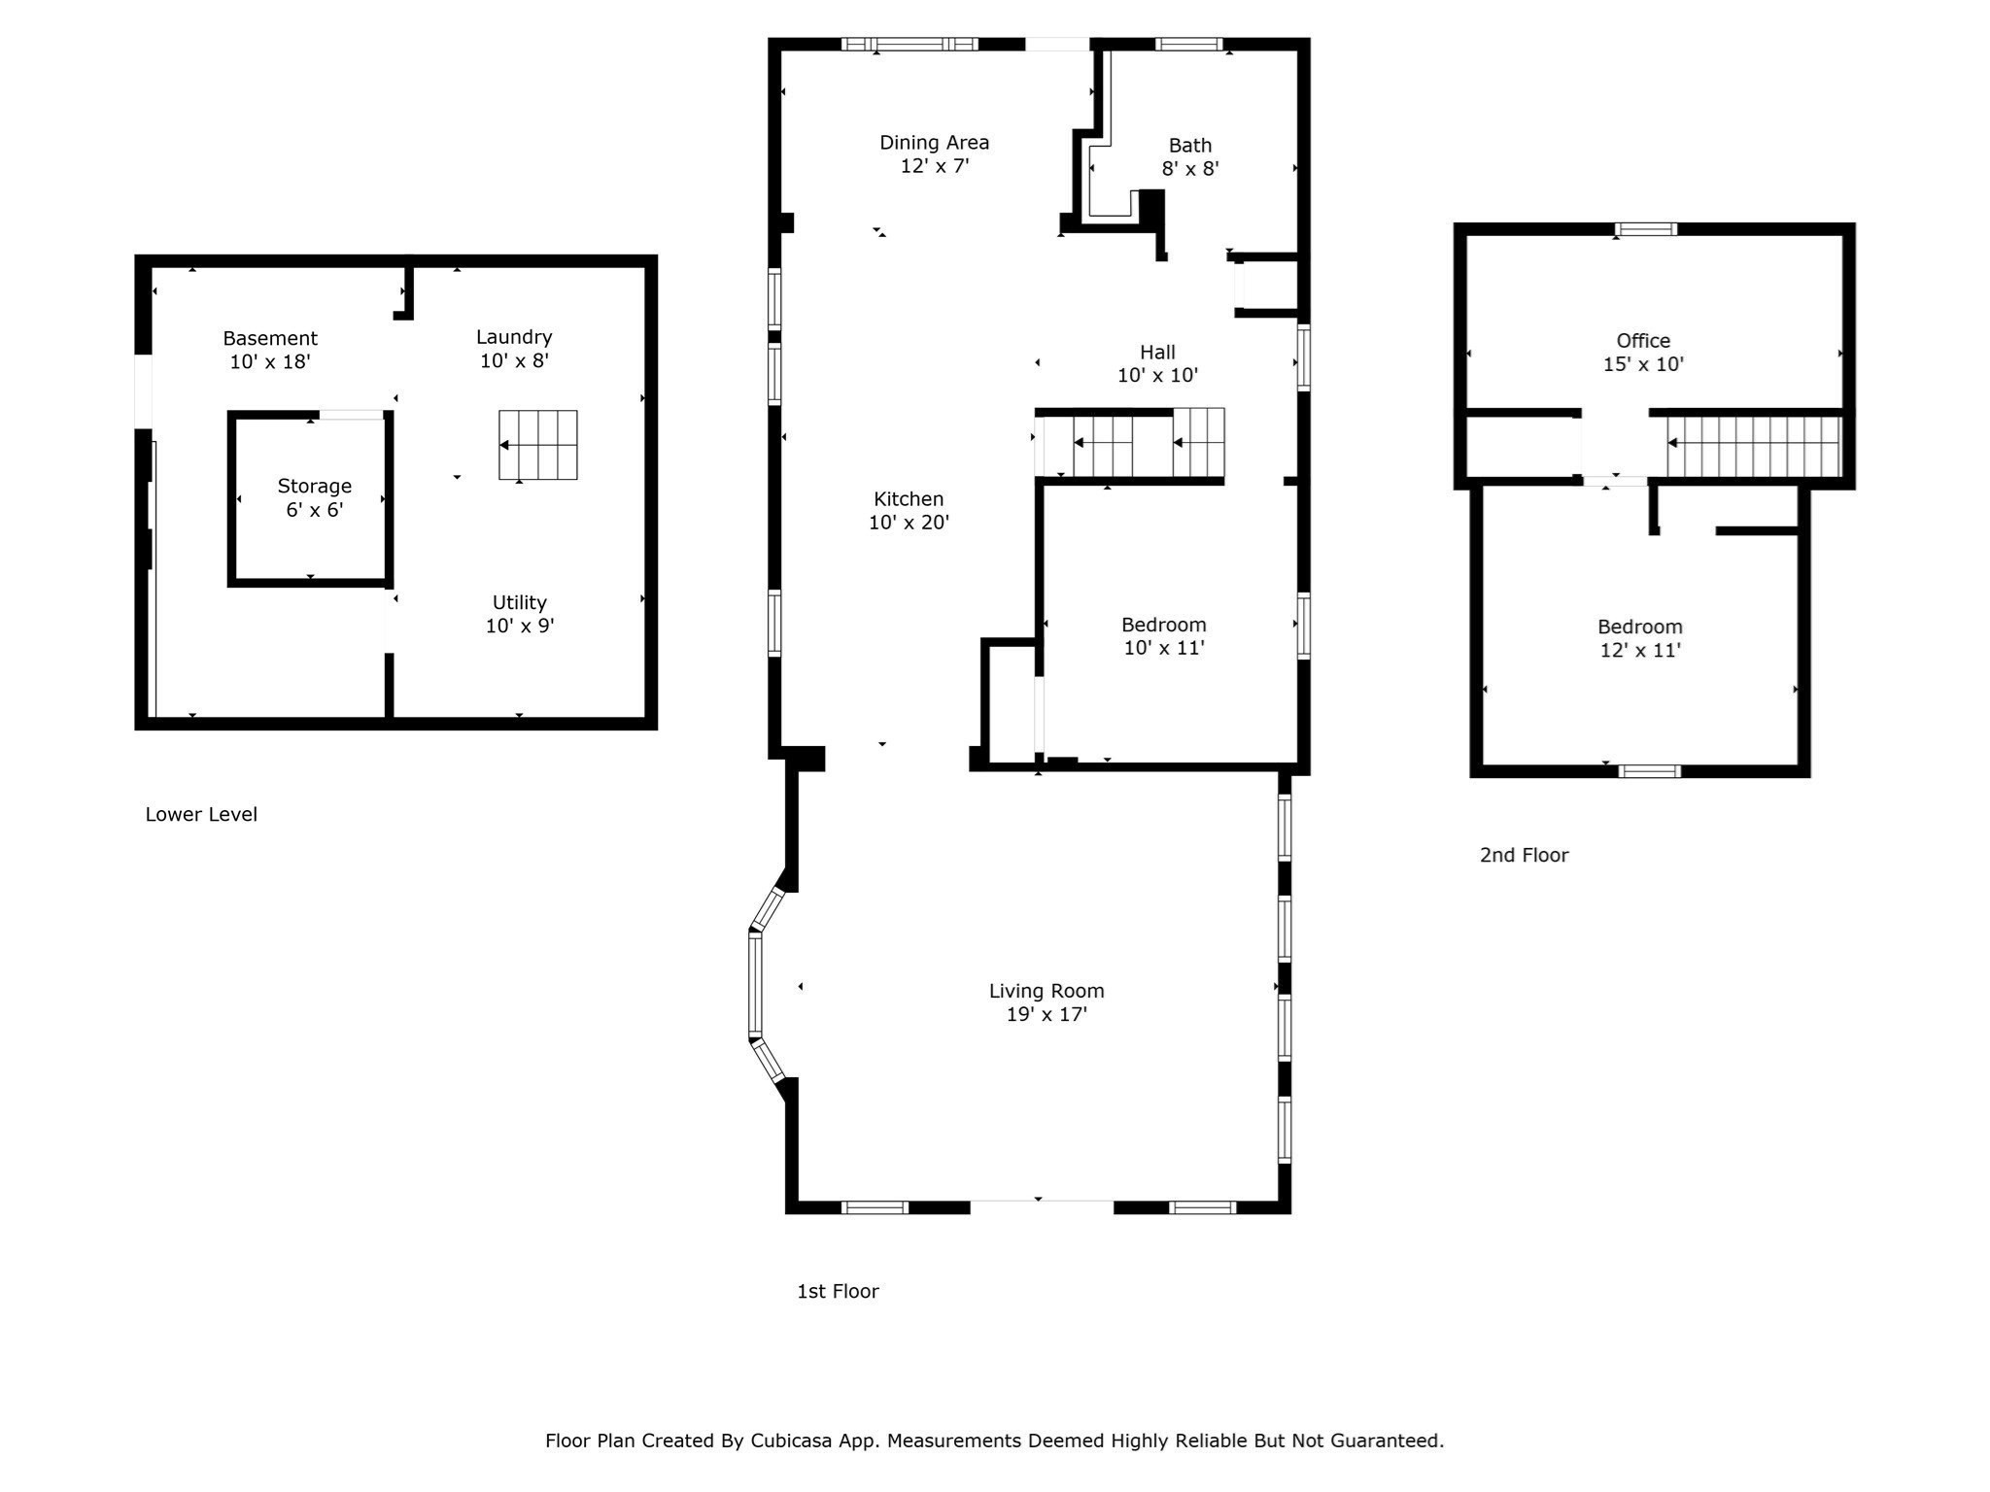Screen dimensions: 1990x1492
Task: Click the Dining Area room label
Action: pos(934,143)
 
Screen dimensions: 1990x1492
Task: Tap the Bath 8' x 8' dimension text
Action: pos(1190,168)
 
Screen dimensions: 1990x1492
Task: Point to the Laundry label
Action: pos(514,338)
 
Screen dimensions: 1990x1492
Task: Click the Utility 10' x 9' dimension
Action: pos(520,627)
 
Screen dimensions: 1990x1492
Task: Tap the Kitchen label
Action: pos(909,499)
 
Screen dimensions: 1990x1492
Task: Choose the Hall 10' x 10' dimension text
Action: pos(1157,376)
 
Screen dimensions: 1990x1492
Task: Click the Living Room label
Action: pos(1046,991)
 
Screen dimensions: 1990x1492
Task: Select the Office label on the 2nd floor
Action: pos(1643,341)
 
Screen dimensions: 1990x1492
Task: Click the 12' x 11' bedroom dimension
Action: pos(1640,651)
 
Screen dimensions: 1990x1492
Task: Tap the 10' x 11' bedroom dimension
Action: pos(1164,648)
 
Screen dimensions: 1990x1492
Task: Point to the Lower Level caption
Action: pos(201,814)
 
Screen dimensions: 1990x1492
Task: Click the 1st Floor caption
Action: pos(838,1291)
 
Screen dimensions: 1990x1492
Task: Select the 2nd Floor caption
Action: pos(1524,855)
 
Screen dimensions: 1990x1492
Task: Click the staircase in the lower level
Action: pos(538,445)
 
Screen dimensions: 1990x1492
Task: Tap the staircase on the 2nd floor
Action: pos(1754,446)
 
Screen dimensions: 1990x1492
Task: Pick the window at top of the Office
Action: pos(1646,229)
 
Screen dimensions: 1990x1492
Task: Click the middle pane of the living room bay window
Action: pos(755,985)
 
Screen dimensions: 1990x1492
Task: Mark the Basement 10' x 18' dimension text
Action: pos(270,362)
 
